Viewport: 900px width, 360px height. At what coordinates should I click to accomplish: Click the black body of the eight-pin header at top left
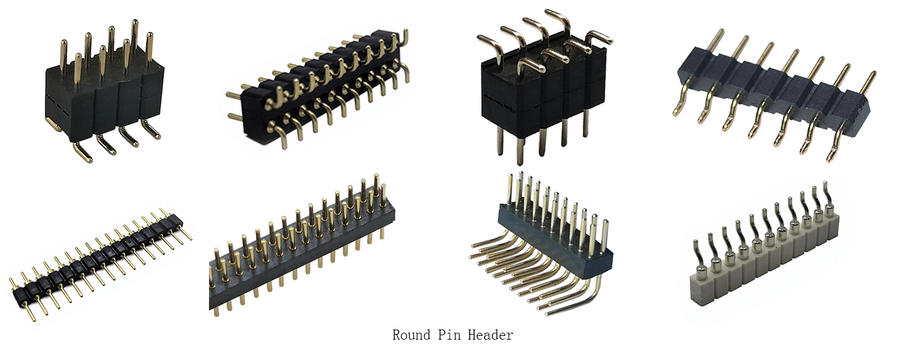click(104, 100)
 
